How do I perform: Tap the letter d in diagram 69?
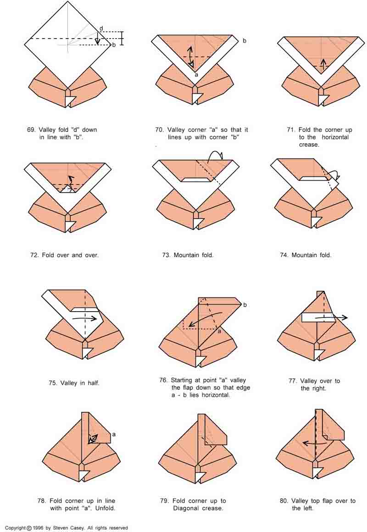(x=101, y=28)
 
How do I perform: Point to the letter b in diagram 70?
(x=244, y=41)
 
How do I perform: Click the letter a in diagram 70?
(x=196, y=74)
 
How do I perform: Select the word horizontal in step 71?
(x=335, y=137)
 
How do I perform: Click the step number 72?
(x=34, y=255)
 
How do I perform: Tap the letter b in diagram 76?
(x=245, y=305)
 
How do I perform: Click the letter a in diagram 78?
(x=113, y=434)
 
